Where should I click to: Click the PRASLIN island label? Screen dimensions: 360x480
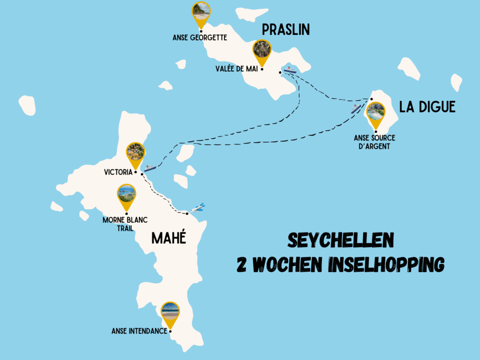[x=286, y=30]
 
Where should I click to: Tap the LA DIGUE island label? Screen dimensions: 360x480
[x=427, y=107]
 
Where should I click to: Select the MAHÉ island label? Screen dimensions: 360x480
[x=169, y=238]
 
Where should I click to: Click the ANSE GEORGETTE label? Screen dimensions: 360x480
[x=200, y=37]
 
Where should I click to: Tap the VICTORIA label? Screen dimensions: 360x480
[x=118, y=172]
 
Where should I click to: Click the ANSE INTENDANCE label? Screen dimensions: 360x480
[x=139, y=331]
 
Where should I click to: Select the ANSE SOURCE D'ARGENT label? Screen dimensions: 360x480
[x=375, y=142]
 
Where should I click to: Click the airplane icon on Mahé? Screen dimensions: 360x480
[x=198, y=207]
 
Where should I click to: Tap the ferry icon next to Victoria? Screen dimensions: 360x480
[x=150, y=168]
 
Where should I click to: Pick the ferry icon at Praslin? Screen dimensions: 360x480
[x=291, y=70]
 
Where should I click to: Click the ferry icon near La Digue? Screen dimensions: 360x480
[x=356, y=109]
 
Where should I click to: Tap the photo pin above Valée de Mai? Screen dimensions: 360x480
[x=262, y=50]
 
